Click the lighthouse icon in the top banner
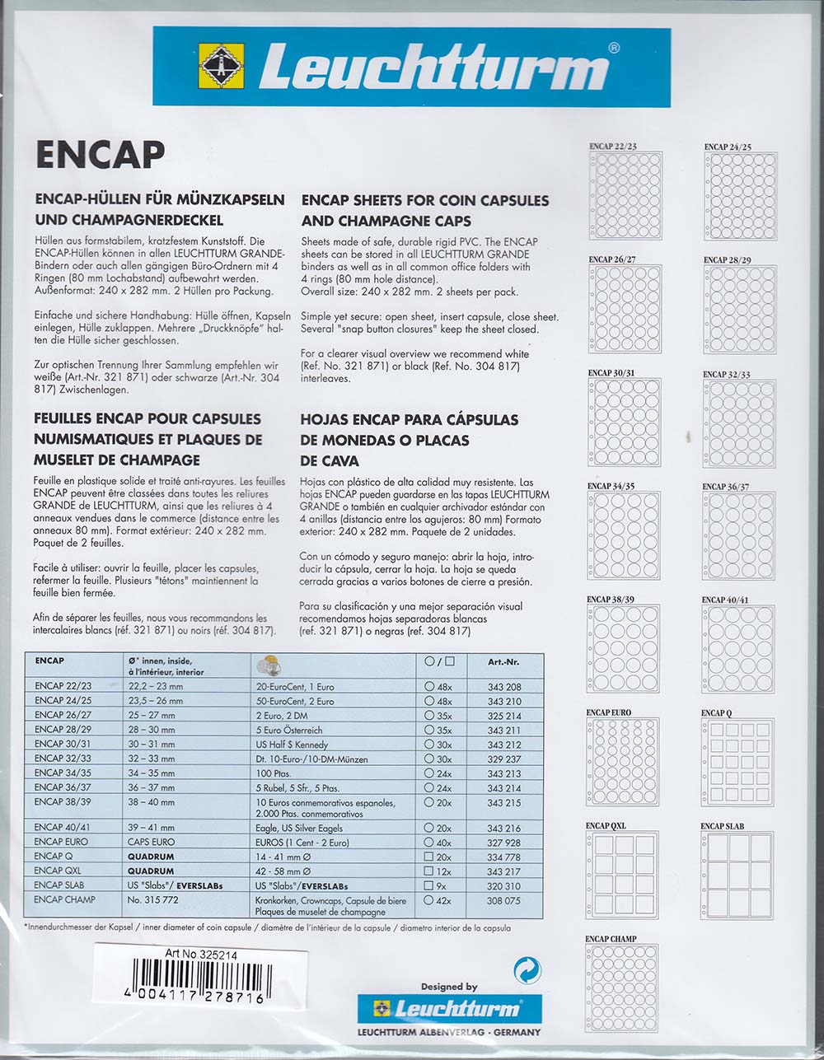(x=222, y=67)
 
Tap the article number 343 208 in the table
(x=503, y=686)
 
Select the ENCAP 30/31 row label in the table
(x=63, y=745)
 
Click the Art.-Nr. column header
(x=503, y=661)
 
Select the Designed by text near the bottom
(x=449, y=987)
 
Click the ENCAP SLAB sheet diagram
(x=737, y=875)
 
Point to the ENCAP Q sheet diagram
(x=737, y=762)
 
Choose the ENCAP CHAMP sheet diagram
(x=622, y=988)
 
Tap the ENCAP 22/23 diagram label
(x=612, y=147)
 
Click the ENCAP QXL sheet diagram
(x=622, y=875)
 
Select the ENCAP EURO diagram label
(x=609, y=712)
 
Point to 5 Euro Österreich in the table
(x=288, y=731)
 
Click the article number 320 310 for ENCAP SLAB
(x=503, y=885)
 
